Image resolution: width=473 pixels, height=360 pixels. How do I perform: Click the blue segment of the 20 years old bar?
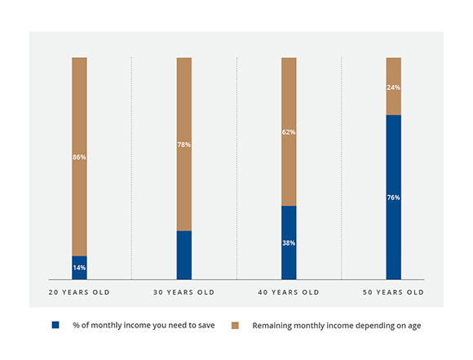tap(79, 268)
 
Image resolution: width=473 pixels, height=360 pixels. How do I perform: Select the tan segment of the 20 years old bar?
tap(79, 157)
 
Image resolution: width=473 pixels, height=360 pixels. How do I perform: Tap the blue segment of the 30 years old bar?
tap(184, 256)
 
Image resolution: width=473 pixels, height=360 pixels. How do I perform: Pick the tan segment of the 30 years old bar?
tap(184, 144)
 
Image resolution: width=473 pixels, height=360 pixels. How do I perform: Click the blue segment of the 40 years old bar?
tap(289, 242)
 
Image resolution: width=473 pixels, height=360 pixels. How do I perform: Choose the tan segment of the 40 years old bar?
tap(289, 131)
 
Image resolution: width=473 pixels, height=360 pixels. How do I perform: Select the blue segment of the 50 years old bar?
tap(394, 198)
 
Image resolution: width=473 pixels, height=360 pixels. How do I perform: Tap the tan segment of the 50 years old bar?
tap(394, 86)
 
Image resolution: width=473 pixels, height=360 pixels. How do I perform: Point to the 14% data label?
tap(79, 268)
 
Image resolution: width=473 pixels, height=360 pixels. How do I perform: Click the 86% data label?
tap(79, 157)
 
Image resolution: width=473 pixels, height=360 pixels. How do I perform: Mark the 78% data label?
tap(184, 144)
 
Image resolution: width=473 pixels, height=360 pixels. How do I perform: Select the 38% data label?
tap(289, 242)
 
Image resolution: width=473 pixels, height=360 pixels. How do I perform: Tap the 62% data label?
tap(289, 132)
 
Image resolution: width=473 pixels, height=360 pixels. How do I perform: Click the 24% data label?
tap(394, 87)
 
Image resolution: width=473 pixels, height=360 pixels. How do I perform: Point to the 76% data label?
tap(394, 198)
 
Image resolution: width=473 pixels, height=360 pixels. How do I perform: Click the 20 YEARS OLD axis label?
tap(79, 292)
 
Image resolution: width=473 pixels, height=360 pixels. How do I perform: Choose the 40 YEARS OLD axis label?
tap(289, 292)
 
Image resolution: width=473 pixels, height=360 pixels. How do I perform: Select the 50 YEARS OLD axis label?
tap(393, 292)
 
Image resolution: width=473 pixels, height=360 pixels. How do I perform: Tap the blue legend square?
tap(55, 325)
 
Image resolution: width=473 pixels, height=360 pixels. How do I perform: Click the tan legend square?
tap(235, 325)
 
